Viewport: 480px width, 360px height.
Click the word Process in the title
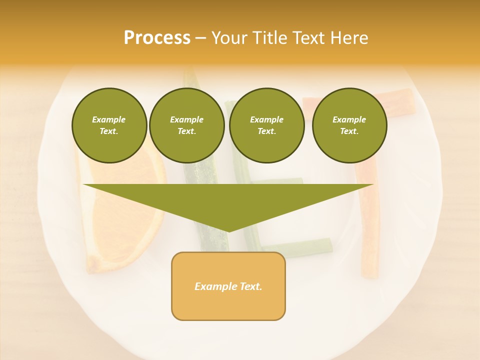coord(157,38)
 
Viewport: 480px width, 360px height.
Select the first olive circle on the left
coord(109,125)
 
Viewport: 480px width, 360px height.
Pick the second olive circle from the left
coord(187,125)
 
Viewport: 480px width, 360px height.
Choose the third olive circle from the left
coord(266,125)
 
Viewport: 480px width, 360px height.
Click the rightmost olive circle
coord(349,125)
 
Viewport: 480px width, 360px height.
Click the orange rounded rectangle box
coord(228,300)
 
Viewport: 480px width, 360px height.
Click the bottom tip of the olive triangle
coord(228,230)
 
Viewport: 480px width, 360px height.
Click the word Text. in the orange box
coord(249,286)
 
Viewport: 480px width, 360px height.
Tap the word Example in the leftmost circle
coord(109,119)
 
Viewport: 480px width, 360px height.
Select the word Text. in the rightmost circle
coord(349,131)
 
